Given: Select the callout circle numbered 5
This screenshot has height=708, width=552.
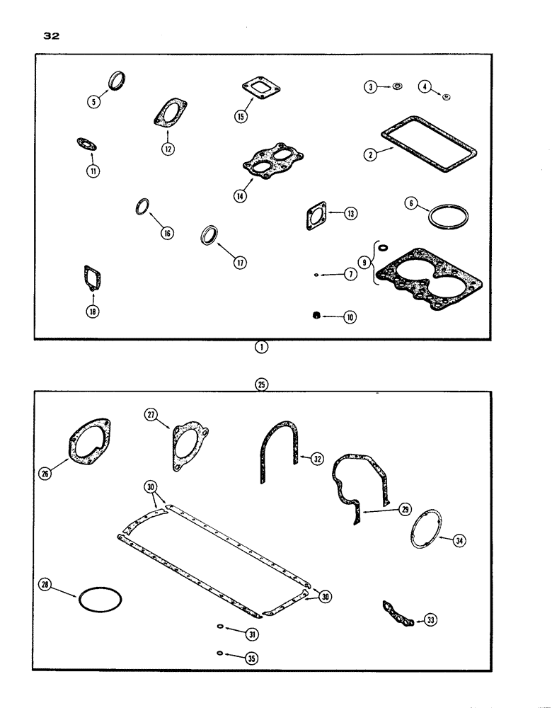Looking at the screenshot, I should (93, 101).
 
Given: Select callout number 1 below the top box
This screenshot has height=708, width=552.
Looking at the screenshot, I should (263, 349).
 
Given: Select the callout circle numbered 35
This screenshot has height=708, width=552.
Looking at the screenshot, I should (251, 658).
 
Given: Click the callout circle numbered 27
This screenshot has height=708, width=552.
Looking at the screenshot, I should (150, 416).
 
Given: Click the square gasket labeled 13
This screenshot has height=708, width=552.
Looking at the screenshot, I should (314, 216).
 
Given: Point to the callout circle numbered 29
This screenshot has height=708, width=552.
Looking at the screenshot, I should (405, 510).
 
